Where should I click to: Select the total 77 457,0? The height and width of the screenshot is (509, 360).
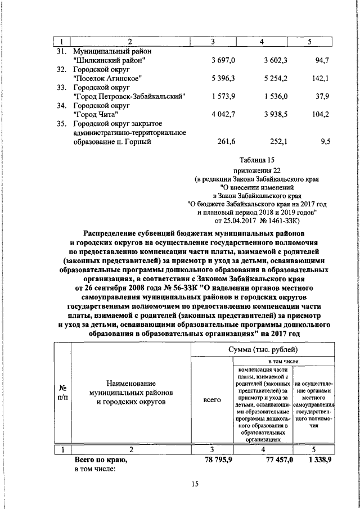(271, 461)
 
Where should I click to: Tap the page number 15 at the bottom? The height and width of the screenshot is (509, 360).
(196, 485)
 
